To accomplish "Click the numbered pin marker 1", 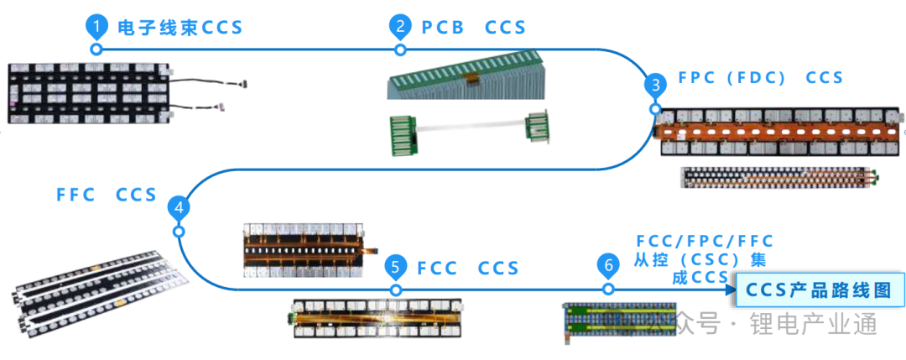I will pyautogui.click(x=97, y=28).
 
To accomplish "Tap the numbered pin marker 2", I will pyautogui.click(x=400, y=28).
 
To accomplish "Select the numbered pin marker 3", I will pyautogui.click(x=654, y=85).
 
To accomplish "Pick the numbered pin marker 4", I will pyautogui.click(x=178, y=207).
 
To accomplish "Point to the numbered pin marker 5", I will pyautogui.click(x=395, y=268).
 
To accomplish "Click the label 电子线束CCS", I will pyautogui.click(x=180, y=28).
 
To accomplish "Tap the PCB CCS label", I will pyautogui.click(x=474, y=28).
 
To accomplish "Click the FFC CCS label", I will pyautogui.click(x=107, y=196).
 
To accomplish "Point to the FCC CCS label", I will pyautogui.click(x=469, y=269).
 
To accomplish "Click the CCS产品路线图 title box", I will pyautogui.click(x=820, y=290).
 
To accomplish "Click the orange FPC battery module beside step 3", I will pyautogui.click(x=781, y=132).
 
